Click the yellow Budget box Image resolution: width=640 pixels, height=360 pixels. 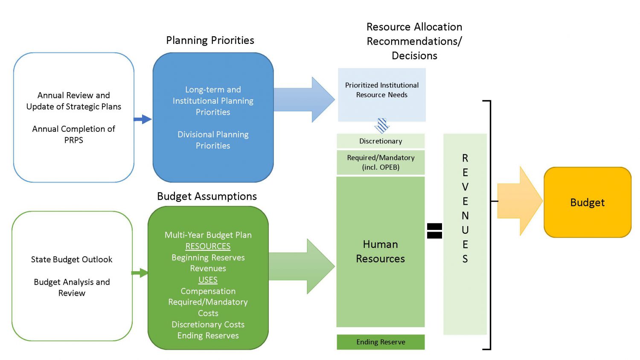click(x=587, y=202)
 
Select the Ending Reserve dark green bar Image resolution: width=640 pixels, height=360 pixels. click(x=381, y=342)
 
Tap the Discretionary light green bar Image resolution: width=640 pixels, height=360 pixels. click(x=381, y=141)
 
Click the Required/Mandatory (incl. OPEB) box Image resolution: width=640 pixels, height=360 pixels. click(x=381, y=163)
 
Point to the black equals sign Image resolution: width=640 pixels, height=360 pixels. click(x=434, y=231)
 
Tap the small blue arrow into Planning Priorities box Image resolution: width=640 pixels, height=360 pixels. click(x=143, y=119)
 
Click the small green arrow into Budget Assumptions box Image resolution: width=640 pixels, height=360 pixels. click(x=140, y=273)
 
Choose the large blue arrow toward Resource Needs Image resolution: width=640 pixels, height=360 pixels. click(x=304, y=100)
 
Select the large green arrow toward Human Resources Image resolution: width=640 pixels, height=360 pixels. click(x=301, y=267)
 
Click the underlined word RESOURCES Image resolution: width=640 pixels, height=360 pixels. click(x=208, y=246)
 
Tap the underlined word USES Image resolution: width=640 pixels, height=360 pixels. click(x=208, y=280)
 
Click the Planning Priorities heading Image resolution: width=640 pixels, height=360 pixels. click(x=210, y=41)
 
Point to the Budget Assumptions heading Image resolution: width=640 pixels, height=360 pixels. click(x=207, y=196)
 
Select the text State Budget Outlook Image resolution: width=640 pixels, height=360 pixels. click(x=72, y=259)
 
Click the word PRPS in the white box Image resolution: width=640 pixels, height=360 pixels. click(x=73, y=140)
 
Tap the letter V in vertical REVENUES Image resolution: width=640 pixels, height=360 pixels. click(x=465, y=187)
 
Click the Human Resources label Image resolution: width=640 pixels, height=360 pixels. click(x=380, y=251)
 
